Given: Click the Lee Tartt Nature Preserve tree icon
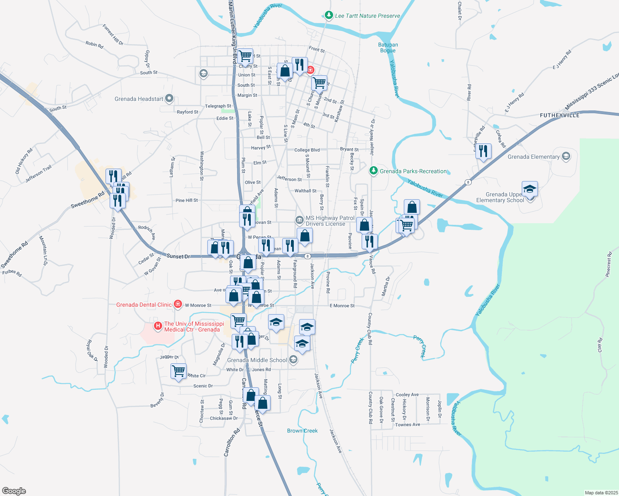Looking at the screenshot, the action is [329, 16].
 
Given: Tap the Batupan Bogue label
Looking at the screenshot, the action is [388, 48].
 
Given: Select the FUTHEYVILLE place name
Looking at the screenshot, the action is [559, 115].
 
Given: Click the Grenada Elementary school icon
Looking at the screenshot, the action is [566, 157].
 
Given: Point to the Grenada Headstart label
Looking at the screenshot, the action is [139, 99].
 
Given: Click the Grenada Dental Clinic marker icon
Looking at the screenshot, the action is [178, 305].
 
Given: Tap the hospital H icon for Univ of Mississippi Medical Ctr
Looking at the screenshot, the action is [158, 326].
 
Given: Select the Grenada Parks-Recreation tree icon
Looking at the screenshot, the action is [373, 171].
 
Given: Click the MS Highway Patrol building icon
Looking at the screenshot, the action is [299, 219].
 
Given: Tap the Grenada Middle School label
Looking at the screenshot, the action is [257, 360].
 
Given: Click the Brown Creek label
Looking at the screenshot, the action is [302, 431].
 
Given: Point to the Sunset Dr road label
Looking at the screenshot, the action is [178, 256].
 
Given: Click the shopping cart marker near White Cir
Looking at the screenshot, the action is [178, 371].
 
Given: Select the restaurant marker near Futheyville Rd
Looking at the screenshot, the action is [483, 151].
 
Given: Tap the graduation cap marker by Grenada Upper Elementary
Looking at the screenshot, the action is [530, 189].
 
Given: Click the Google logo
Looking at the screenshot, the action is [14, 491].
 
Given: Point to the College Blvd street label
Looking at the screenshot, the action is [307, 150].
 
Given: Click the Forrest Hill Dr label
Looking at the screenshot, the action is [113, 35].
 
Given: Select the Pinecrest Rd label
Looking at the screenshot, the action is [608, 264].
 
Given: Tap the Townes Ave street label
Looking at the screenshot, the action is [408, 424].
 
